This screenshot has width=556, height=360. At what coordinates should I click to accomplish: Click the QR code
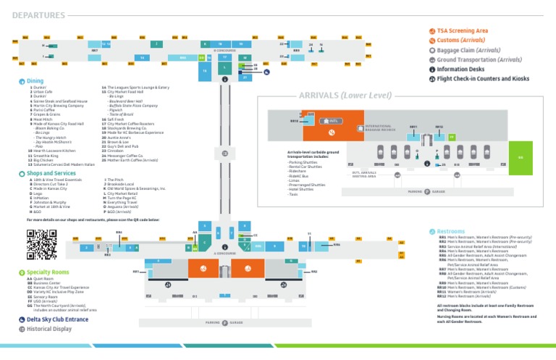coord(41,244)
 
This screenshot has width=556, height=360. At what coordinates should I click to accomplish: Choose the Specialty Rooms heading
coord(49,272)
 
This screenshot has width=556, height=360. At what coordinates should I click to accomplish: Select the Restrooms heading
coord(452,231)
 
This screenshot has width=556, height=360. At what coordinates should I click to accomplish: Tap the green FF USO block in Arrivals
coord(452,136)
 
